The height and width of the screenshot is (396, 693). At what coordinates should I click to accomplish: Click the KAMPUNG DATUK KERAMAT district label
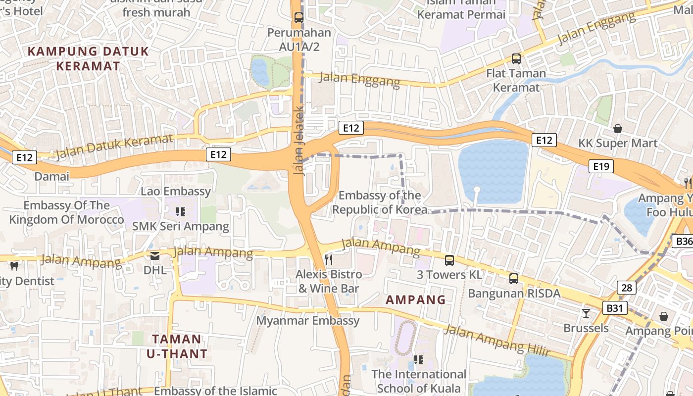(x=88, y=58)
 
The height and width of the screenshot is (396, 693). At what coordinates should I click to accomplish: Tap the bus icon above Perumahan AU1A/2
(x=299, y=18)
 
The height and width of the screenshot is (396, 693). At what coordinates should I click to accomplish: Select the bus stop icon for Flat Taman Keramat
(x=516, y=59)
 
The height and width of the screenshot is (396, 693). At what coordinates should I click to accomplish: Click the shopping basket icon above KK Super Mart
(x=618, y=129)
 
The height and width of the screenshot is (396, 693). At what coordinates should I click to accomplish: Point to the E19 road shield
(x=601, y=166)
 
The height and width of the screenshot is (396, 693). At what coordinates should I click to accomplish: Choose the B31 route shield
(x=614, y=308)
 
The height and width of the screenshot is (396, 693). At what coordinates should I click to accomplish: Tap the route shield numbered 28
(x=626, y=287)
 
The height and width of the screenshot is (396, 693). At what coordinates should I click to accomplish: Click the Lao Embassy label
(x=176, y=192)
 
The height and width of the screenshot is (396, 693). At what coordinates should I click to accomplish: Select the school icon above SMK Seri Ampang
(x=181, y=212)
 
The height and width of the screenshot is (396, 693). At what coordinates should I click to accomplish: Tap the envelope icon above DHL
(x=155, y=256)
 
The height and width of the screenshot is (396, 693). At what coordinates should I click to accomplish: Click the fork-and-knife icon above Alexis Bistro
(x=329, y=259)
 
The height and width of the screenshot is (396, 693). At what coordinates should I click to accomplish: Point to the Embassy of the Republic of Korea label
(x=380, y=202)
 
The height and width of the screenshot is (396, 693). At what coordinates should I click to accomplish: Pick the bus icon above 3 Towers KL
(x=449, y=260)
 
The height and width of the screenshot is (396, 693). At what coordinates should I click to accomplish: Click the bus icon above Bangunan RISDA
(x=514, y=279)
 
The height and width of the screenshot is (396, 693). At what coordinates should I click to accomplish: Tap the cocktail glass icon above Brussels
(x=586, y=313)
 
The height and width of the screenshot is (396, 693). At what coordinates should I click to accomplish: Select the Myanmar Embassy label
(x=308, y=321)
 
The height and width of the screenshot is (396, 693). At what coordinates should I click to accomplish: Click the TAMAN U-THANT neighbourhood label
(x=177, y=346)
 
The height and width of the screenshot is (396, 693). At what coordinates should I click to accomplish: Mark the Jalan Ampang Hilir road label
(x=496, y=341)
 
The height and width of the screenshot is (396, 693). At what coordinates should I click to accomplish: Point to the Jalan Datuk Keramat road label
(x=114, y=146)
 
